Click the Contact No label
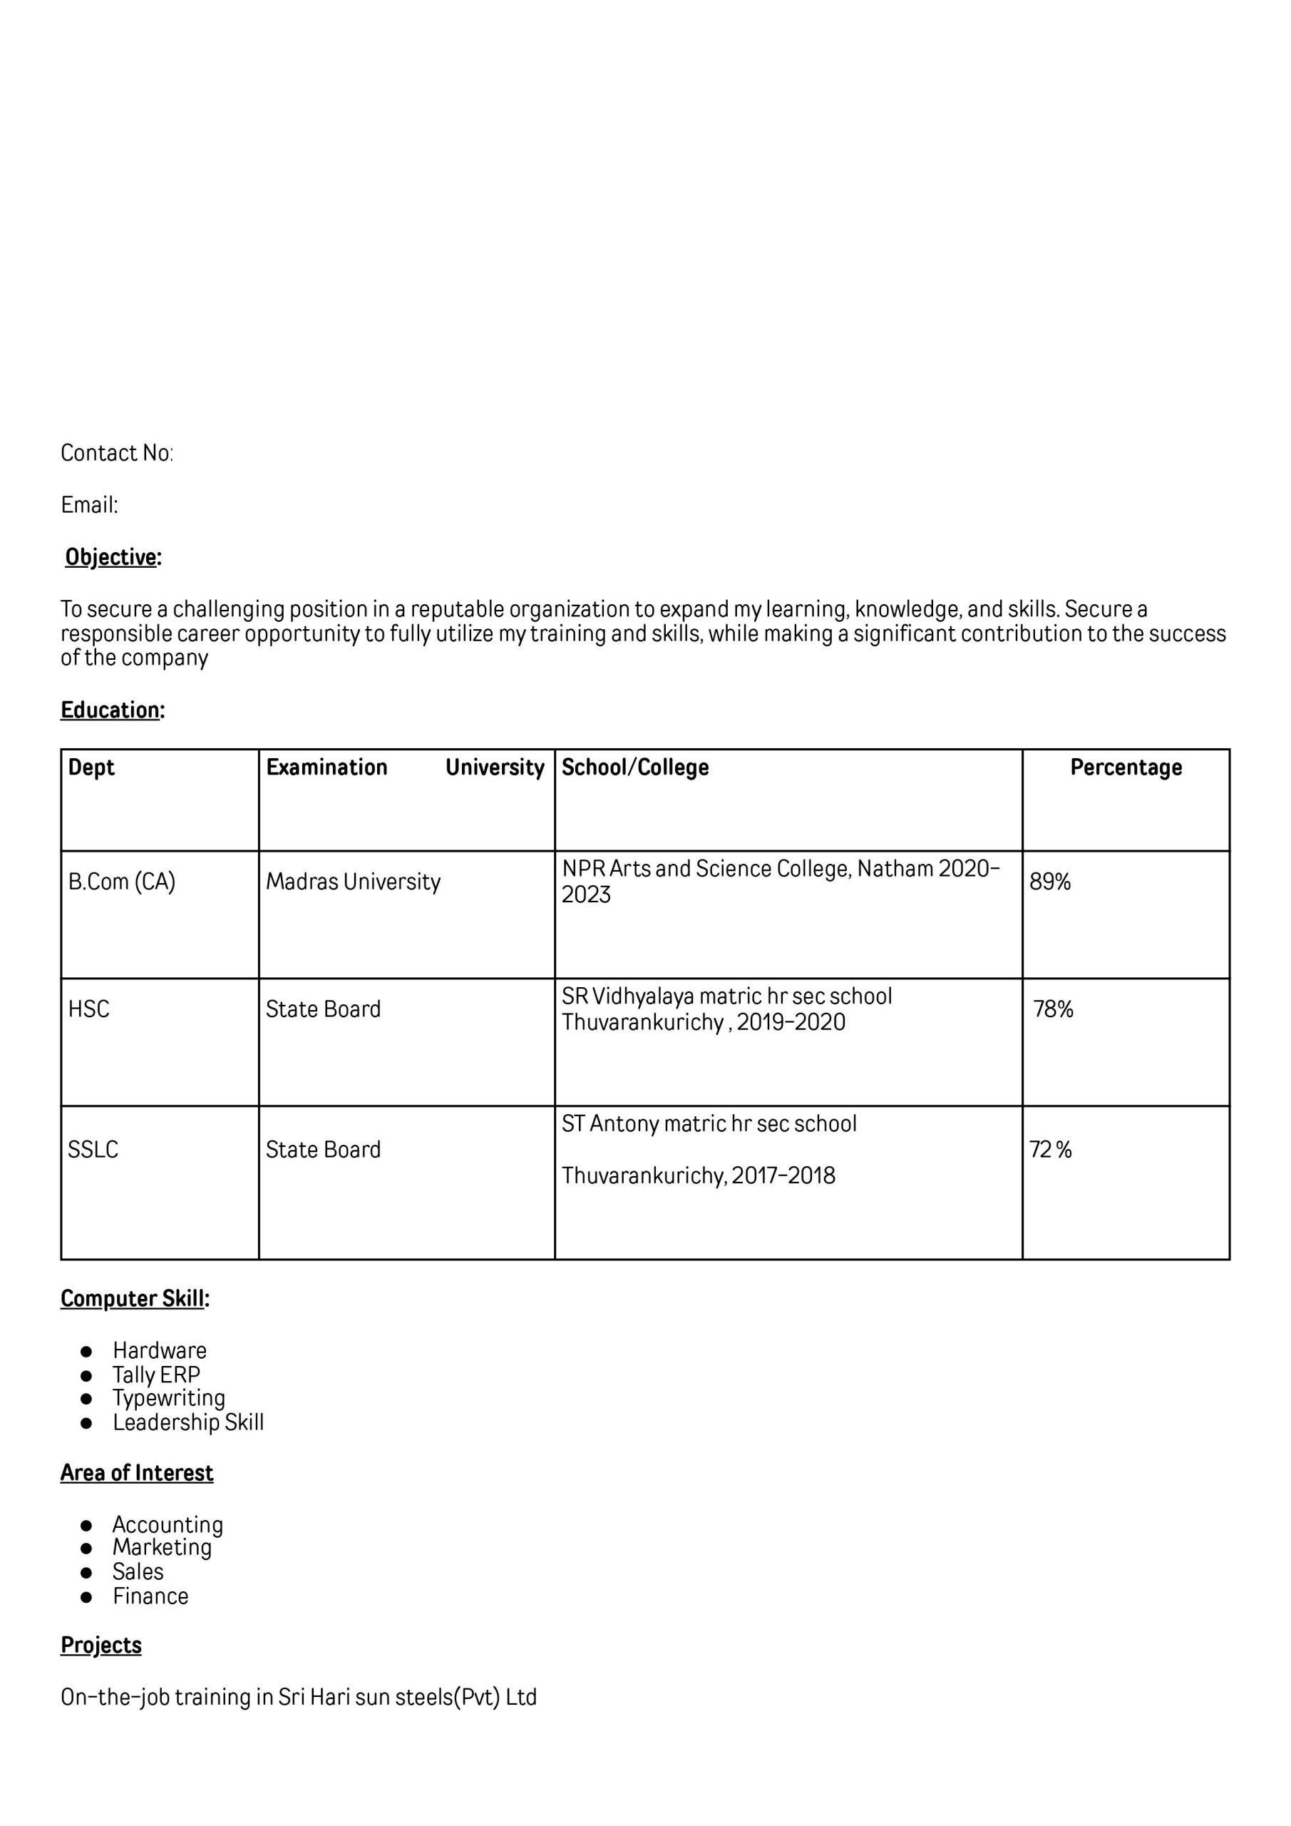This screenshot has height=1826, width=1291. point(116,454)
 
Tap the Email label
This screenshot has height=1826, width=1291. point(89,505)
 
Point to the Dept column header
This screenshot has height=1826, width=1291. point(91,767)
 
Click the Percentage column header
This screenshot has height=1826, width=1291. point(1125,767)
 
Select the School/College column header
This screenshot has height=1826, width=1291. point(635,767)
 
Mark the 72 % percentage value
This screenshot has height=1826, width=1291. point(1050,1149)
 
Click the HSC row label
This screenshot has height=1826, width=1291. point(88,1009)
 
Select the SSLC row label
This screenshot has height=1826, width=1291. point(93,1149)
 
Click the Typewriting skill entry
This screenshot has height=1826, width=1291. point(168,1398)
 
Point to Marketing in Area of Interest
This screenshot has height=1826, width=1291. point(162,1547)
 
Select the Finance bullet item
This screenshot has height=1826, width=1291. point(150,1596)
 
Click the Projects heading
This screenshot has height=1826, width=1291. point(101,1645)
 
